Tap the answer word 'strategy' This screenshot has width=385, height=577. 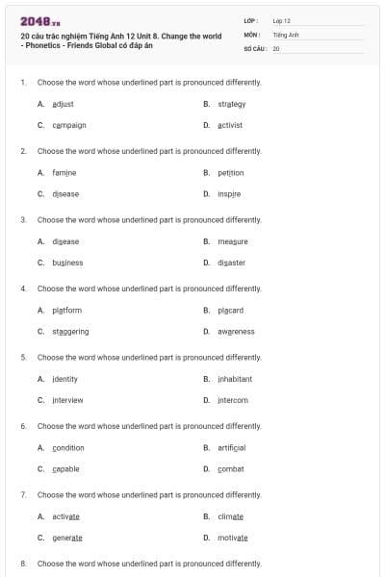coord(232,104)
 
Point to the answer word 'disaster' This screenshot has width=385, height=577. coord(232,263)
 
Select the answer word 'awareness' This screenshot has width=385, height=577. coord(236,331)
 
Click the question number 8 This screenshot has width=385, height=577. coord(23,563)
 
